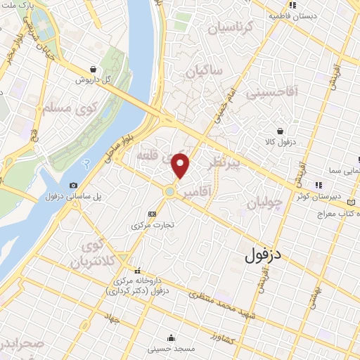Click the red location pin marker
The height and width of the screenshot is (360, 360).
coord(181,166)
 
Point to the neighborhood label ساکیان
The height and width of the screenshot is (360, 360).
coord(205,71)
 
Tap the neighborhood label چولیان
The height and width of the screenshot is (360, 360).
coord(264,204)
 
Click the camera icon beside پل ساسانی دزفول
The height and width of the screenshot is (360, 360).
coord(74,185)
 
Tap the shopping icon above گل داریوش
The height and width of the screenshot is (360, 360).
coord(94,69)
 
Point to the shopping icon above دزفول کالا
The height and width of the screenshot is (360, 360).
coord(281,130)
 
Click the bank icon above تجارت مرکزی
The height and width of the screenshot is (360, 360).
coord(152,214)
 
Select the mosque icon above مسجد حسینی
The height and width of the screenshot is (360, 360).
coord(171,337)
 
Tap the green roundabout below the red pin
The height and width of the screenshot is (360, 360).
coord(170,191)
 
